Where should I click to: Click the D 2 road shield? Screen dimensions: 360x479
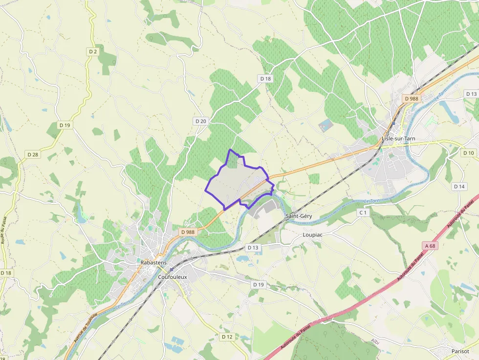pos(93,51)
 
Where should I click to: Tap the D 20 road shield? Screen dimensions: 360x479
pos(201,121)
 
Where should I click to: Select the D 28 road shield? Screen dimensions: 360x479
pos(33,154)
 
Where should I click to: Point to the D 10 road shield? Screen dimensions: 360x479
pos(468,153)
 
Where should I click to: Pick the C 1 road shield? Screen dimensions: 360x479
pos(363,212)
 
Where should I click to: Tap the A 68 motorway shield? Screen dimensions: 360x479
pos(430,246)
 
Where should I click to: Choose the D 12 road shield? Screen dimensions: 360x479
pos(227,337)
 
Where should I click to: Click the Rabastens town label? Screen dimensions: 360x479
pos(153,262)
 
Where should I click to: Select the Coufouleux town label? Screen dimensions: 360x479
pos(173,277)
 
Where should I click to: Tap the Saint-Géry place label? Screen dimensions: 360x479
pos(298,215)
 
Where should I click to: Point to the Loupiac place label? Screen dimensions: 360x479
pos(313,234)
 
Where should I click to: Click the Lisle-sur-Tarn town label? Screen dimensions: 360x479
pos(398,139)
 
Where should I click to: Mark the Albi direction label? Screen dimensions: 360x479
pos(375,341)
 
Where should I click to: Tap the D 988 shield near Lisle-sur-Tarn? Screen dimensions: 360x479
pos(412,99)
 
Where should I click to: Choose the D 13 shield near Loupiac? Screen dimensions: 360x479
pos(253,248)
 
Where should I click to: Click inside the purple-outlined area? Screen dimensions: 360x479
pos(235,183)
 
